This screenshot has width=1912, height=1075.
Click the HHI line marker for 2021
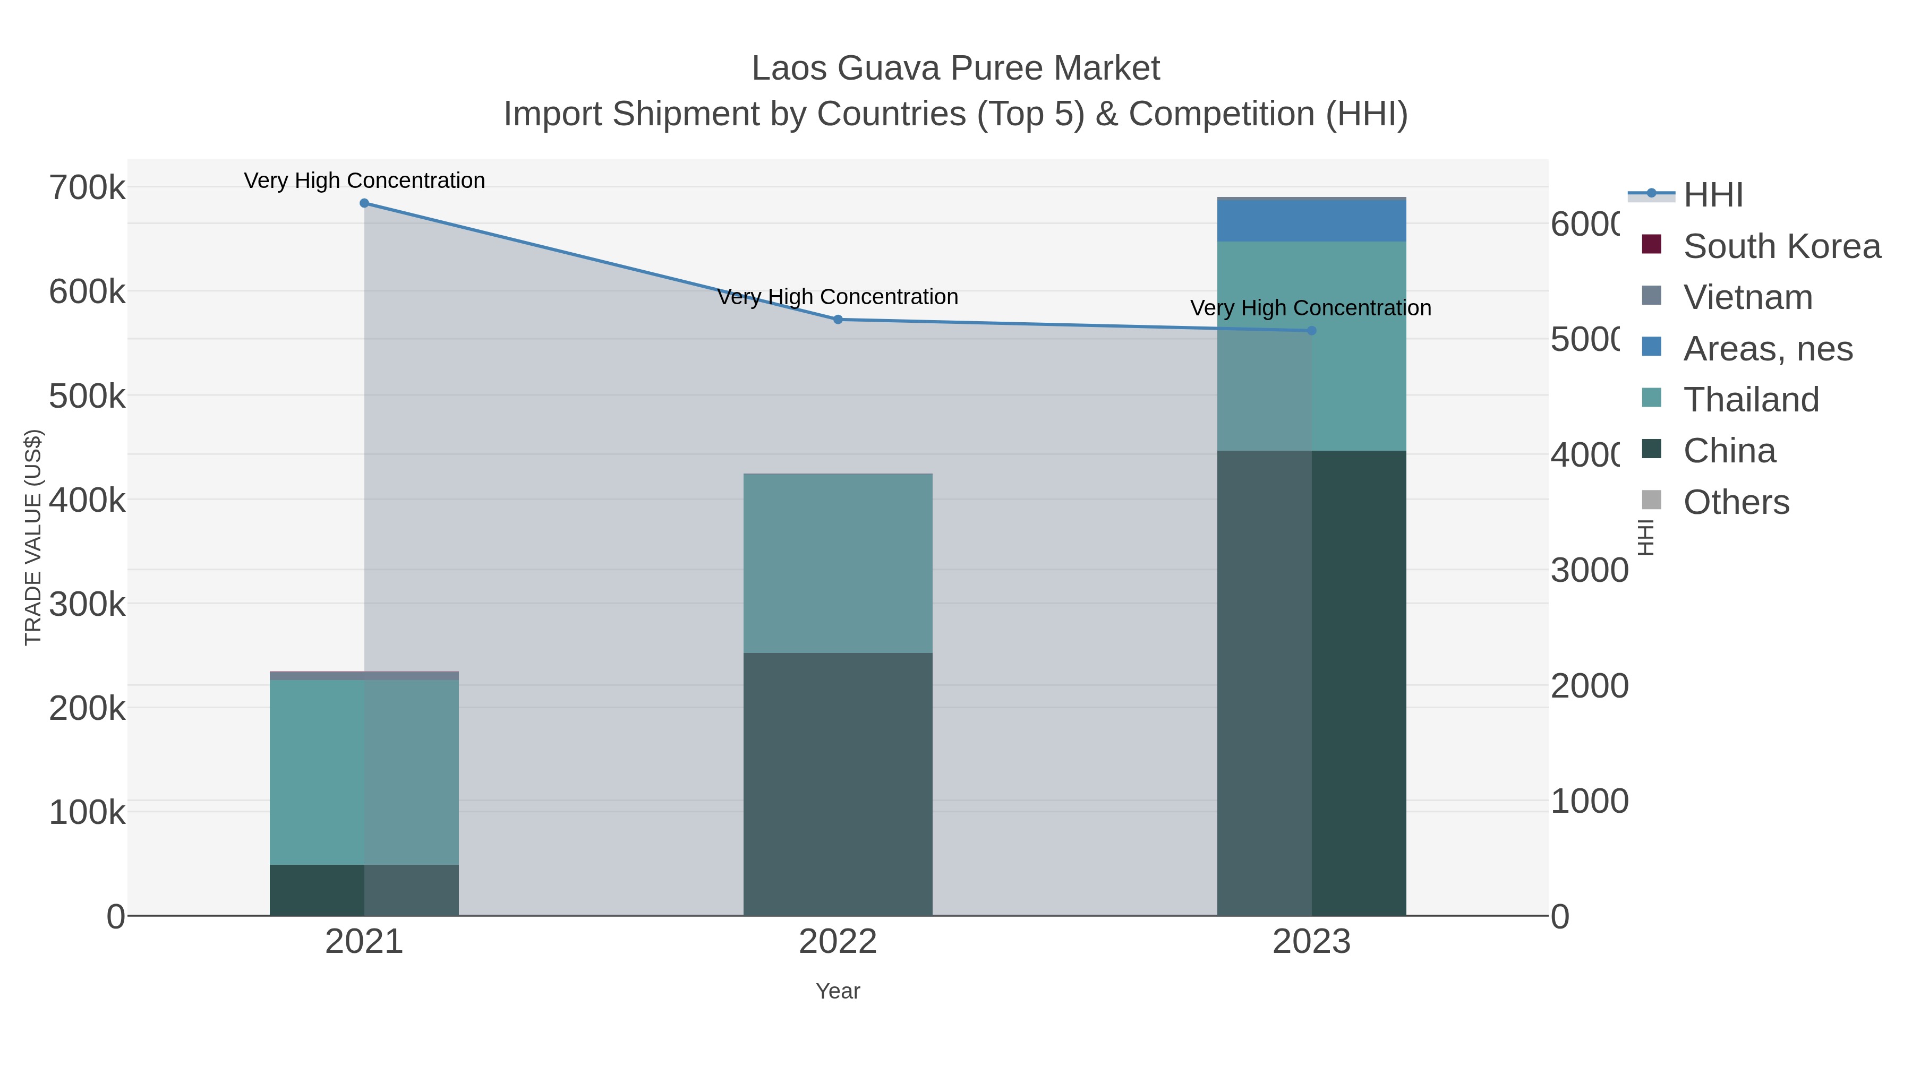(364, 203)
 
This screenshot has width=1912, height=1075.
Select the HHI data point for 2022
(838, 320)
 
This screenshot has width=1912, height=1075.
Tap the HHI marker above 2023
(1311, 331)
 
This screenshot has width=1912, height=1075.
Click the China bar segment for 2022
(838, 784)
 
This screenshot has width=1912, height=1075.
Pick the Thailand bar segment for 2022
(838, 564)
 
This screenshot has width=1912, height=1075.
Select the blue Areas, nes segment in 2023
(1311, 221)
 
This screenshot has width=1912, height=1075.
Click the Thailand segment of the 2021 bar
(364, 771)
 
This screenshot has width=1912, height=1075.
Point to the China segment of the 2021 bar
(364, 890)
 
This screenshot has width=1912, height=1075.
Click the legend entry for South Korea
(1781, 246)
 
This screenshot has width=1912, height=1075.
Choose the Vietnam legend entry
(1747, 297)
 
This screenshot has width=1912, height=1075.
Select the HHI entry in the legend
(1712, 195)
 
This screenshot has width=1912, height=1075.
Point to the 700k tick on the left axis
(87, 188)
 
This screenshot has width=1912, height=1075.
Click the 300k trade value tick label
(87, 605)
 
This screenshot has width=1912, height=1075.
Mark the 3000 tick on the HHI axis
(1589, 571)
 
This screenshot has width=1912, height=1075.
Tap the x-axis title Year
(838, 991)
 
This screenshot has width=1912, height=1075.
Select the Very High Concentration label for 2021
(364, 180)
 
